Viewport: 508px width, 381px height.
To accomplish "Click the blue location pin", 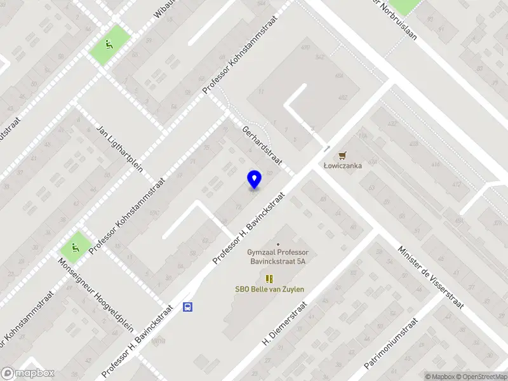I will coord(254,179).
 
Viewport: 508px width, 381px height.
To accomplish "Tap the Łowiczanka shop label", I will coord(343,166).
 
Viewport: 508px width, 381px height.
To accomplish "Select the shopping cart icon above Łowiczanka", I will coord(343,154).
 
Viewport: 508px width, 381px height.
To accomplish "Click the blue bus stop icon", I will coord(188,307).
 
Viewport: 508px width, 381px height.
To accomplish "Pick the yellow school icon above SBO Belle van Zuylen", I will coord(269,278).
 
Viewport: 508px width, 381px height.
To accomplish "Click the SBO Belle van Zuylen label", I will coord(269,290).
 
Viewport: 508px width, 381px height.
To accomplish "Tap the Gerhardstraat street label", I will coord(261,145).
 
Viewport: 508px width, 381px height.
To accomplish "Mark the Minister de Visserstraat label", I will coord(431,276).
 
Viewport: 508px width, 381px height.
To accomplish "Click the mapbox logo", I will coord(28,373).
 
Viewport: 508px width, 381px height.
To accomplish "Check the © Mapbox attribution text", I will coord(442,377).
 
